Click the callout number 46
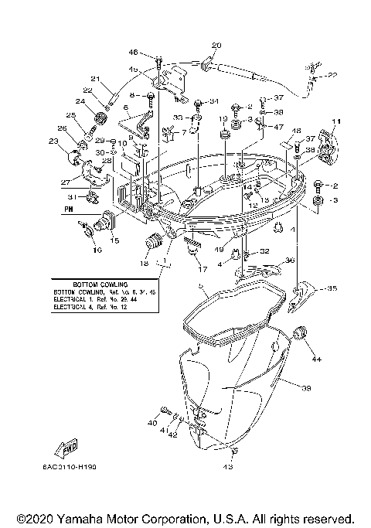pos(133,52)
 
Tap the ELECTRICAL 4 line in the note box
pos(104,308)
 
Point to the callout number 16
pos(97,250)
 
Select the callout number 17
pos(203,269)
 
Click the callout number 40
pos(151,424)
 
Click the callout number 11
pos(335,123)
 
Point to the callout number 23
pos(53,141)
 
